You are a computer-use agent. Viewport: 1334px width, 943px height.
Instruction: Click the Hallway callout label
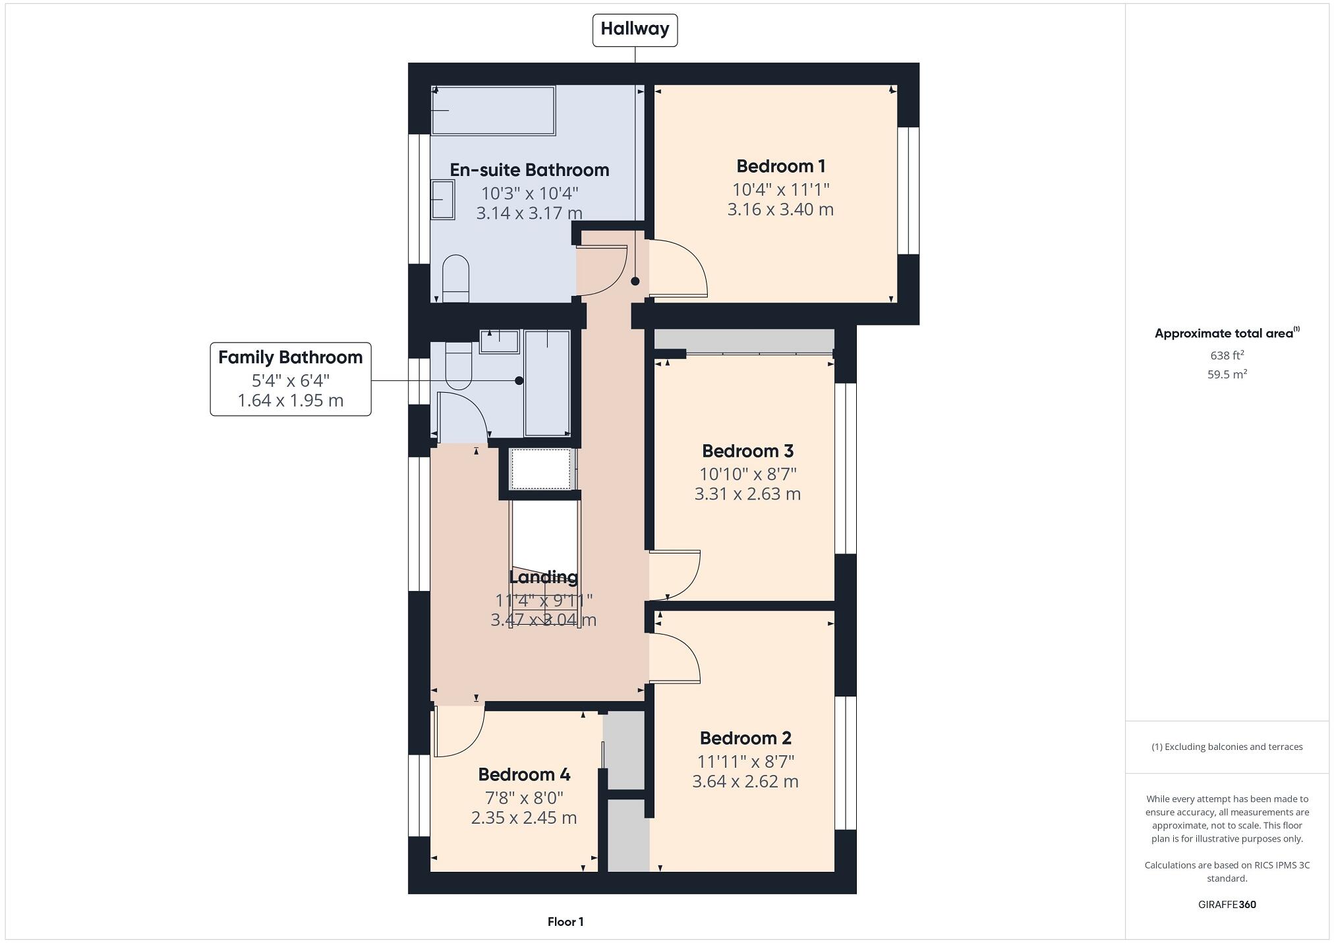coord(635,30)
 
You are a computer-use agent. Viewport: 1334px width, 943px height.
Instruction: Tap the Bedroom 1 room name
coord(780,166)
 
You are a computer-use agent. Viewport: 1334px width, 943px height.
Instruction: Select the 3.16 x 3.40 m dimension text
coord(780,210)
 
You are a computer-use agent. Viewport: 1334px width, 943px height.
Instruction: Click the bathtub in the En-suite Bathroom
coord(493,110)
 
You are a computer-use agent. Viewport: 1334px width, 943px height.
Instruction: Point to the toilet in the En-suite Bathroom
coord(455,278)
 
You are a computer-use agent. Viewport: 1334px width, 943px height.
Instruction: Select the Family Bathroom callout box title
coord(290,357)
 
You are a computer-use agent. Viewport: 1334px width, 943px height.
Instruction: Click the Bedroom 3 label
coord(747,451)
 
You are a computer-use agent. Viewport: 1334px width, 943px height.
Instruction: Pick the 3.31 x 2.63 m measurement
coord(747,494)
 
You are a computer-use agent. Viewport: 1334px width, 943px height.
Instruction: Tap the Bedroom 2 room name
coord(745,738)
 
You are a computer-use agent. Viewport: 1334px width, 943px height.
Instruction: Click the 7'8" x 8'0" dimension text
coord(524,798)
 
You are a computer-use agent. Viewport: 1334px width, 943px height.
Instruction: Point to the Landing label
coord(543,577)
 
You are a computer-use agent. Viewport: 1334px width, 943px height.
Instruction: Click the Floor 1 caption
coord(565,922)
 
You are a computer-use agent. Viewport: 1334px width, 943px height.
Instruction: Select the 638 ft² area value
coord(1227,355)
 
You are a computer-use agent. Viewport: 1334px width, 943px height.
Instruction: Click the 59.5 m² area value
coord(1227,374)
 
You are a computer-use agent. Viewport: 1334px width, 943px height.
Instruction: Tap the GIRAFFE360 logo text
coord(1227,905)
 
